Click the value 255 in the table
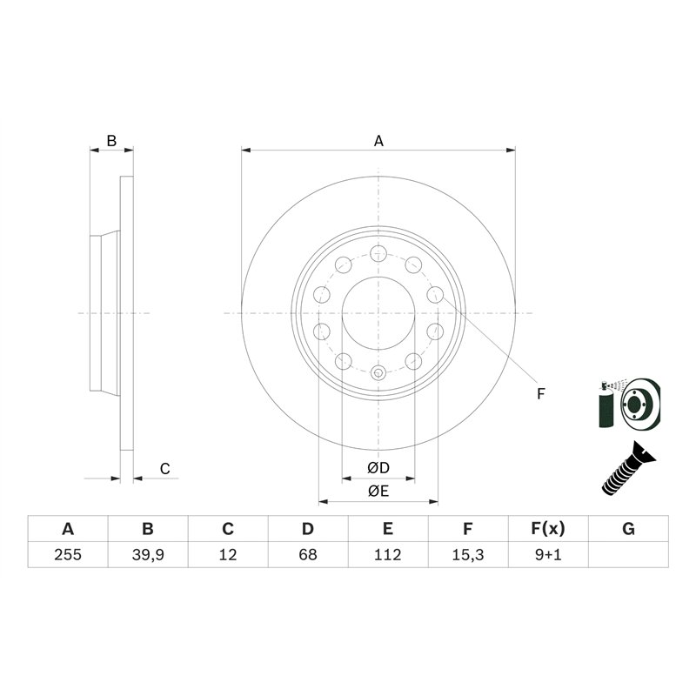point(67,554)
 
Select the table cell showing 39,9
point(147,554)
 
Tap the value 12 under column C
point(227,554)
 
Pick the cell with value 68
point(307,554)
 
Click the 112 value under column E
point(388,554)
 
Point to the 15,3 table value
point(468,554)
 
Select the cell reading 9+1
point(548,554)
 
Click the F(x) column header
point(548,529)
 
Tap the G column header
point(629,529)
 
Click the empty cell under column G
point(629,554)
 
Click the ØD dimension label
point(378,468)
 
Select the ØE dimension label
point(378,492)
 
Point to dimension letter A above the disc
point(378,140)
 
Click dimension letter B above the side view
point(111,140)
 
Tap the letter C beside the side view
point(164,469)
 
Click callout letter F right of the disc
point(540,394)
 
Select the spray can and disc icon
point(630,404)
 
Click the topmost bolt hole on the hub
point(378,253)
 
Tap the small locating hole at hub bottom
point(378,373)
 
